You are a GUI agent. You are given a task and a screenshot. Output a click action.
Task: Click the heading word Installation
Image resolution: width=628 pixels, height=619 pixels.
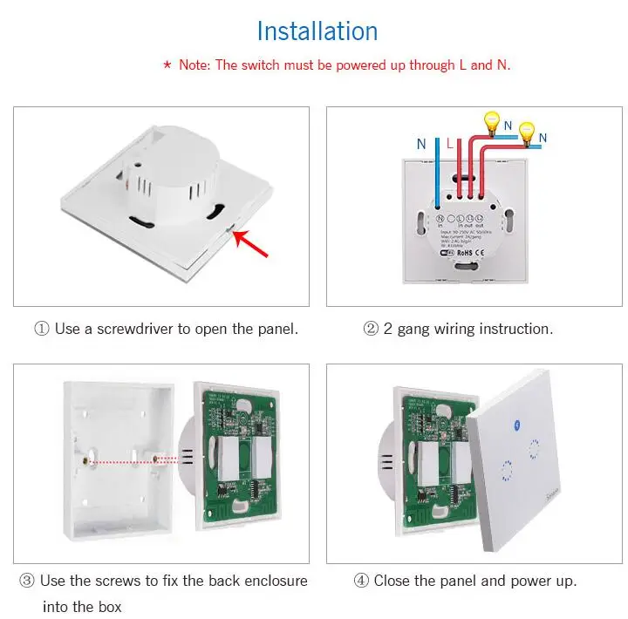[317, 31]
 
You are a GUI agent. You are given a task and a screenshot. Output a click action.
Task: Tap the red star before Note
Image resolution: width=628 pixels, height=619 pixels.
[167, 65]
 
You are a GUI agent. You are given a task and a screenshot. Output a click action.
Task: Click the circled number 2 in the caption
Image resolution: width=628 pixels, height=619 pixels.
[370, 330]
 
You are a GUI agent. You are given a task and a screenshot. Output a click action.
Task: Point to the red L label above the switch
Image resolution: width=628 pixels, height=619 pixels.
[448, 143]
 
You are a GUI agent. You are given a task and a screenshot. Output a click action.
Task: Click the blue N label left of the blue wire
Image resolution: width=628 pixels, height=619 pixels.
[421, 143]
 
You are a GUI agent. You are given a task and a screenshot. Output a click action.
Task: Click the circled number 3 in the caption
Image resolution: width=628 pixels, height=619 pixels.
[27, 581]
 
